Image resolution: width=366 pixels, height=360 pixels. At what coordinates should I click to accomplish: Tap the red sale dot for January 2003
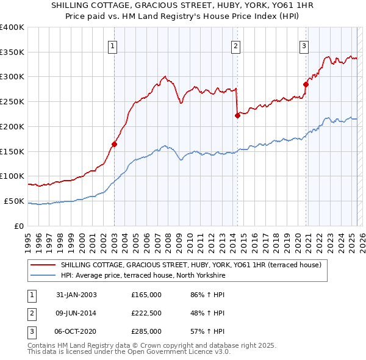coord(114,144)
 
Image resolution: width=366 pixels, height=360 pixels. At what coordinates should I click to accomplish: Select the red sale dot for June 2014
coord(237,115)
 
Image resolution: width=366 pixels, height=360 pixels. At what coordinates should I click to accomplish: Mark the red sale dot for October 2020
coord(306,84)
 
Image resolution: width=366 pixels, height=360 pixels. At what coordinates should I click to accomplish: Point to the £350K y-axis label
coord(12,52)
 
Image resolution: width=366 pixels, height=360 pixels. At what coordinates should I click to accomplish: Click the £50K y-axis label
coord(14,201)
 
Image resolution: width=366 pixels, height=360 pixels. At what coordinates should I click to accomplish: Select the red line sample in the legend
coord(45,265)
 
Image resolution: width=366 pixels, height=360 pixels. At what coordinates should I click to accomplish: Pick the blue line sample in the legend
coord(45,275)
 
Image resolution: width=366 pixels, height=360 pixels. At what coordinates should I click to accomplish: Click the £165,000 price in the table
coord(146,295)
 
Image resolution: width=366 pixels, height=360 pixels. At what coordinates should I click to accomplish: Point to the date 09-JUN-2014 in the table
coord(76,313)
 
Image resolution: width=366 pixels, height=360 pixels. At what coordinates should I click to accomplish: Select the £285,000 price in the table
coord(146,331)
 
